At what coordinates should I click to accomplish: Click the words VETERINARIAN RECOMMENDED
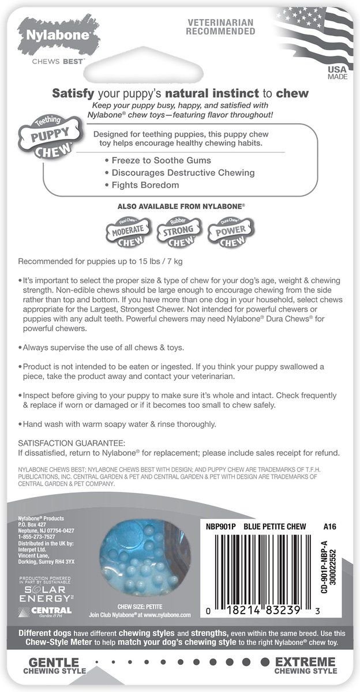pyautogui.click(x=221, y=27)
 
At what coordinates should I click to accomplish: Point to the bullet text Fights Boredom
pyautogui.click(x=142, y=185)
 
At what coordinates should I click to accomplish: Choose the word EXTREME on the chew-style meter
pyautogui.click(x=306, y=661)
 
